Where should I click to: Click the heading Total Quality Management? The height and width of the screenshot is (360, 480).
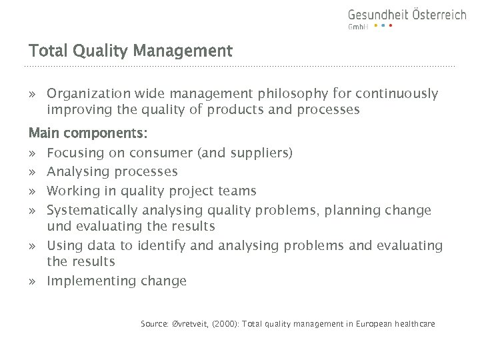click(x=130, y=51)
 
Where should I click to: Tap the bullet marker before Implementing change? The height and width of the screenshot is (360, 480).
click(x=33, y=281)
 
